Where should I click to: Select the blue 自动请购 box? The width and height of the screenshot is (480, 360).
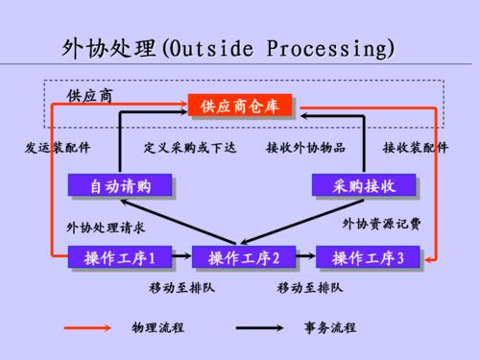(119, 184)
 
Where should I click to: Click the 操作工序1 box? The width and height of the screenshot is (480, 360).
(120, 257)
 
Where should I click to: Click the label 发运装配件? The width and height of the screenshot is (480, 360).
(57, 148)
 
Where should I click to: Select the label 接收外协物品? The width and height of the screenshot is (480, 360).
(305, 148)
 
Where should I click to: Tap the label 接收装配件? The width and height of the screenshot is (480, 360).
(416, 148)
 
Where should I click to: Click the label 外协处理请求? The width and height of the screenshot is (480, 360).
(106, 228)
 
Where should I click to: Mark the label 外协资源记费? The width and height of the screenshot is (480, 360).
(382, 223)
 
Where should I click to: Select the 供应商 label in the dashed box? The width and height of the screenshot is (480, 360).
(90, 95)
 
